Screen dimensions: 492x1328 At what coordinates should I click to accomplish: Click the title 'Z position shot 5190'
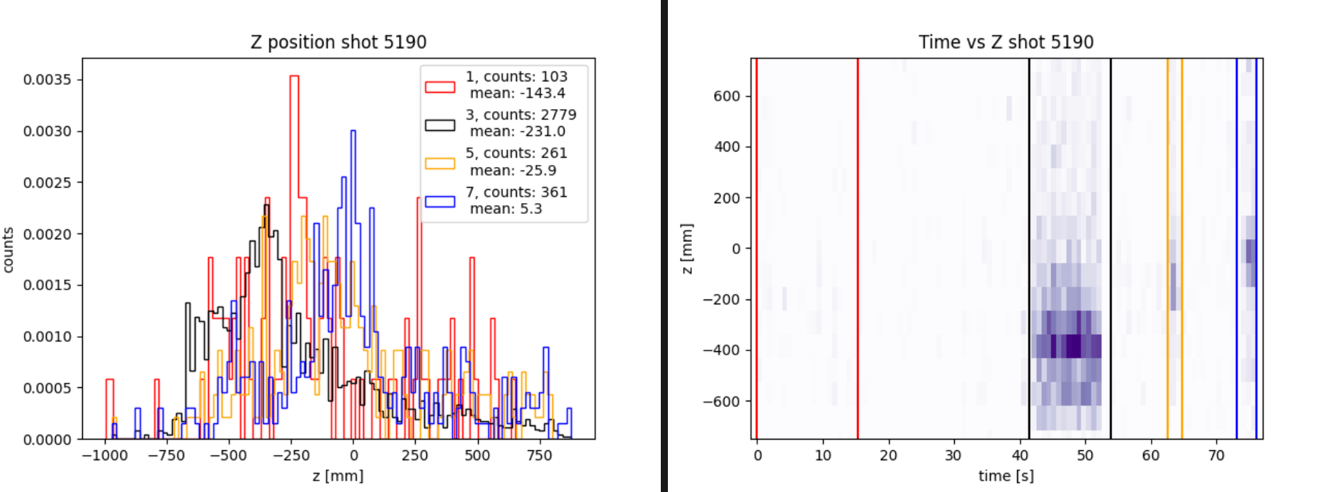pos(339,42)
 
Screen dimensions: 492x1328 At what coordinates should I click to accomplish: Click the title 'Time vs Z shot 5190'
pos(1006,42)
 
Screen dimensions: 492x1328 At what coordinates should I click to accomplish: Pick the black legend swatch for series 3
pos(440,125)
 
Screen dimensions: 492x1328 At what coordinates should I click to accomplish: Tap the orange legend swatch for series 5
pos(440,163)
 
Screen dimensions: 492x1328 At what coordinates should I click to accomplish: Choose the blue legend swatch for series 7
pos(440,201)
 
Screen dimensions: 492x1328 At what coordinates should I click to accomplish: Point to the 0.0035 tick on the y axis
pos(47,79)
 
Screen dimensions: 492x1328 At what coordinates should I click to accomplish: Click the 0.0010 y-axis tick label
pos(47,337)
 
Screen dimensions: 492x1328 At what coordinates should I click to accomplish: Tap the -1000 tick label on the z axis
pos(105,455)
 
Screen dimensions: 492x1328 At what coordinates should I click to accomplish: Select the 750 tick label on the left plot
pos(539,455)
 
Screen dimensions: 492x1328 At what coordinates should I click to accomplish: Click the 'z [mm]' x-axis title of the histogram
pos(338,476)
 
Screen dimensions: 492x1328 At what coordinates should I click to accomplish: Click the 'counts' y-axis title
pos(8,249)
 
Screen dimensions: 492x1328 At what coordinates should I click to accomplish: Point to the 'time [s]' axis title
pos(1006,476)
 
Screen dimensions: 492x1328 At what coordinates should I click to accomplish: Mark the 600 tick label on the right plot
pos(727,96)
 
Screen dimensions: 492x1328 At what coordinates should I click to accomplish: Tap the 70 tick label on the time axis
pos(1216,455)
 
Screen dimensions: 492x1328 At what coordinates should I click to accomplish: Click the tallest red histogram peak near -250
pos(294,76)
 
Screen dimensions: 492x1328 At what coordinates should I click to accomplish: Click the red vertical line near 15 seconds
pos(858,248)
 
